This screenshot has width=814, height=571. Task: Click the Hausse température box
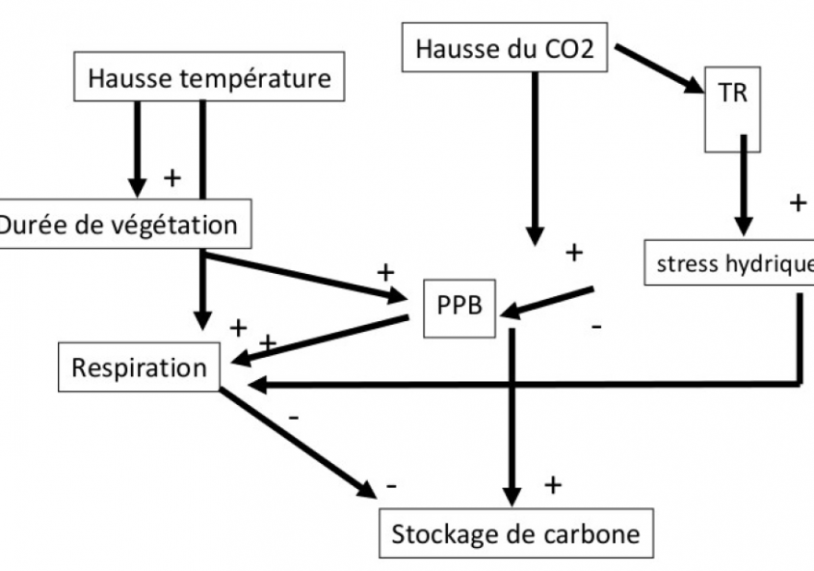[208, 77]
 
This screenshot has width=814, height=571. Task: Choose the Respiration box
[139, 367]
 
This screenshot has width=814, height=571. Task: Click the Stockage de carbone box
[515, 533]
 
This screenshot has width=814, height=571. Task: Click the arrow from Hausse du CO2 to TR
[660, 68]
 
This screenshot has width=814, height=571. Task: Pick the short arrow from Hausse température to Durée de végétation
[138, 145]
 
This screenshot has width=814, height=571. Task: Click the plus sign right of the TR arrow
[798, 203]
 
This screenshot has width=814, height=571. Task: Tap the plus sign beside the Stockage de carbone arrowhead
[553, 485]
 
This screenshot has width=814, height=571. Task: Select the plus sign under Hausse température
[173, 177]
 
